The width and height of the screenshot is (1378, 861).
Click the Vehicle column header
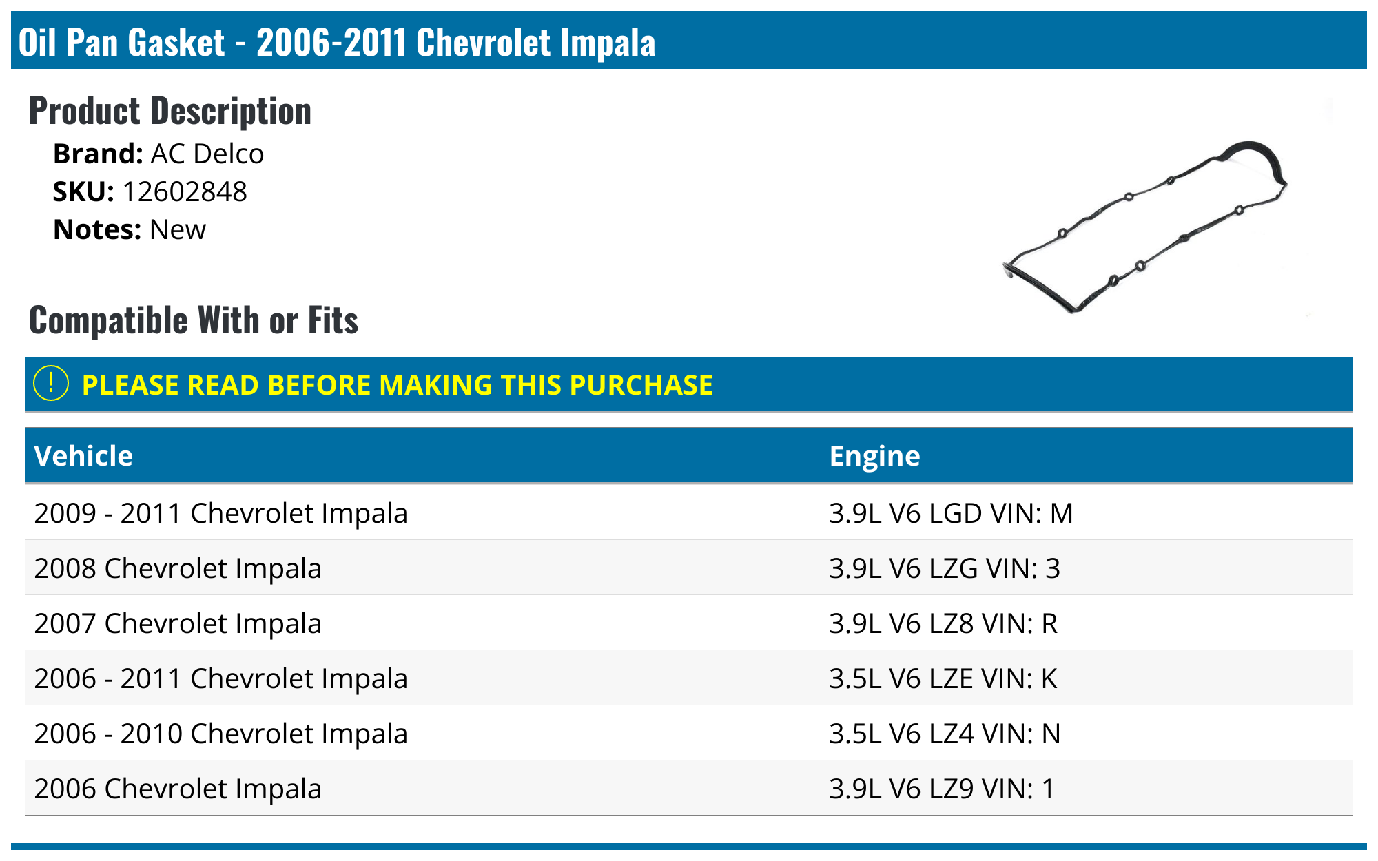pyautogui.click(x=83, y=456)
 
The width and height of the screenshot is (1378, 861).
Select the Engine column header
pyautogui.click(x=874, y=456)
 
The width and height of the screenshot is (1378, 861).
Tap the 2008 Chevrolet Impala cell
pyautogui.click(x=178, y=568)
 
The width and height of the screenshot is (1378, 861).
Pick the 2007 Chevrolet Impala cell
pyautogui.click(x=178, y=623)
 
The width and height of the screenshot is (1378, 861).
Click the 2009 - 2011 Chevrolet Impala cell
pyautogui.click(x=220, y=513)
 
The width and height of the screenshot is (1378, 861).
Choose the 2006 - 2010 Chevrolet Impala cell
pyautogui.click(x=220, y=734)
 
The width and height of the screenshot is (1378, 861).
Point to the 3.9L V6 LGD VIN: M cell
pyautogui.click(x=951, y=513)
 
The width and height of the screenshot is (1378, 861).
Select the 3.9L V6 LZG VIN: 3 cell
pyautogui.click(x=944, y=568)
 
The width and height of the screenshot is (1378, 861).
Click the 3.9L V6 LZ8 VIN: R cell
pyautogui.click(x=943, y=623)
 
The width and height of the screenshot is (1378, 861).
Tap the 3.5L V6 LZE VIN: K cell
pyautogui.click(x=943, y=678)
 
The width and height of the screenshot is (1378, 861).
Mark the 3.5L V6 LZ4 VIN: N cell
pyautogui.click(x=944, y=734)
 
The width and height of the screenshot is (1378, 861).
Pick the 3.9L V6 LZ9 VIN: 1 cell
pyautogui.click(x=941, y=789)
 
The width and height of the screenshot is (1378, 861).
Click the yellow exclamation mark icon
pyautogui.click(x=51, y=384)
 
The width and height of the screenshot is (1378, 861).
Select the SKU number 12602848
pyautogui.click(x=184, y=192)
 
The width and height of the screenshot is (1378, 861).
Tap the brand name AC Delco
pyautogui.click(x=207, y=154)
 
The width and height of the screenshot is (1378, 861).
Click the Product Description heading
pyautogui.click(x=170, y=111)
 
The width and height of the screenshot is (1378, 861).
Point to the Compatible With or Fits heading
pyautogui.click(x=194, y=320)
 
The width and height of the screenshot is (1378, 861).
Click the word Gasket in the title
pyautogui.click(x=176, y=43)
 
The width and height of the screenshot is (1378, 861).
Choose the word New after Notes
pyautogui.click(x=178, y=230)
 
